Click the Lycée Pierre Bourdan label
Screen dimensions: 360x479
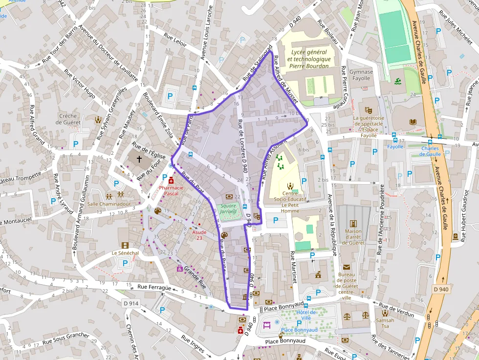click(309, 59)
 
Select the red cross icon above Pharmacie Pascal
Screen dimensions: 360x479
click(171, 181)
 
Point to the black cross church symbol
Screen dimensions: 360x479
click(139, 159)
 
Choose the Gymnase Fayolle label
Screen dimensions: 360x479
click(361, 75)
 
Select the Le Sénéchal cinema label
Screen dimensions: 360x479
click(125, 253)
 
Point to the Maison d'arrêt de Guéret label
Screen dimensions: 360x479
click(353, 237)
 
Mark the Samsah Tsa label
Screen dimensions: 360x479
click(385, 323)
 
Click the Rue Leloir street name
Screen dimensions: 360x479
click(175, 40)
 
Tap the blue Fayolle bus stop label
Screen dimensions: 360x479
click(395, 146)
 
